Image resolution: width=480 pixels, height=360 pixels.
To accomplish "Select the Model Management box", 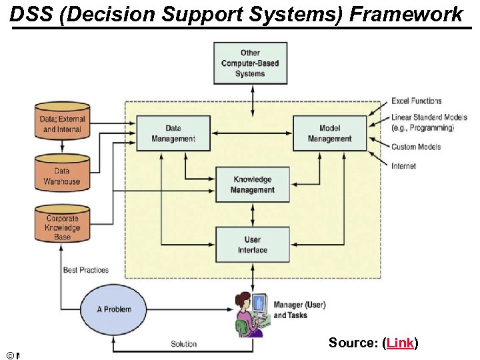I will [x=329, y=133].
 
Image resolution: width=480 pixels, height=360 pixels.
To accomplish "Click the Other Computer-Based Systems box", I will [x=250, y=63].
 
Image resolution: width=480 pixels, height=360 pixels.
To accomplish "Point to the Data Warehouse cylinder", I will [x=62, y=175].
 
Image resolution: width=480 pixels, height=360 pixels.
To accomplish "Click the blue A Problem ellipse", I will [x=114, y=309].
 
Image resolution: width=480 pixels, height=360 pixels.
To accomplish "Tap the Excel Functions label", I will [x=417, y=101].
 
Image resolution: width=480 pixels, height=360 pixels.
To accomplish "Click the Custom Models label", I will [x=416, y=147].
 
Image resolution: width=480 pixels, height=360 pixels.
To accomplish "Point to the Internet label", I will [x=404, y=166].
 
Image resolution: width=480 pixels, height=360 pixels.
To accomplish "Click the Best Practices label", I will [x=85, y=270].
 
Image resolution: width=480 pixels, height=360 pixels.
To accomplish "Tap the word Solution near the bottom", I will [x=183, y=344].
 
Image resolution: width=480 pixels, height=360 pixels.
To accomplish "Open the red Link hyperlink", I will [x=399, y=343].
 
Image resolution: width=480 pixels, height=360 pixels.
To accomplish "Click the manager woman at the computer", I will [x=251, y=313].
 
